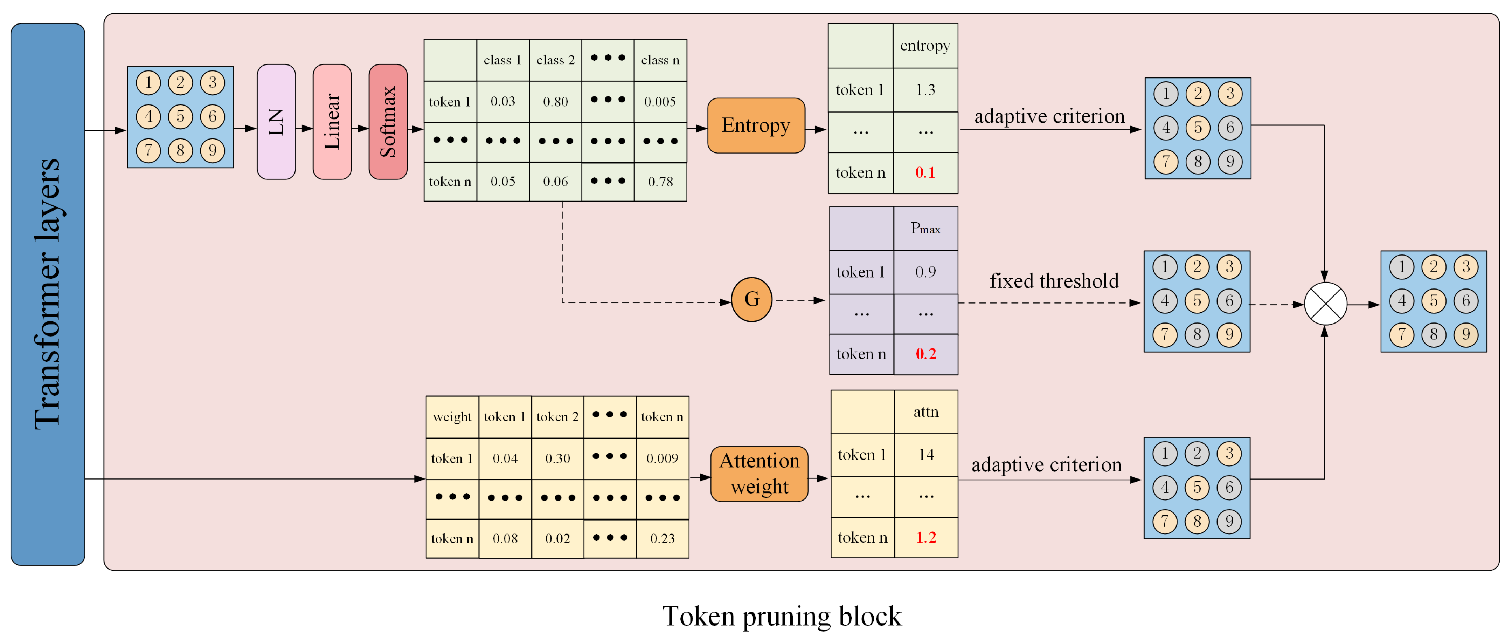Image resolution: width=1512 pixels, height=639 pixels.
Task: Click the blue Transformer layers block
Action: (x=48, y=294)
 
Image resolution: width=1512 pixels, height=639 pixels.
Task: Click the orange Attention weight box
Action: (x=759, y=473)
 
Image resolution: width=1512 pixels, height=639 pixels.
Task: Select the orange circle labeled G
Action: (x=751, y=300)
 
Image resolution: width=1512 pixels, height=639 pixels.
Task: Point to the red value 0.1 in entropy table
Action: (x=925, y=173)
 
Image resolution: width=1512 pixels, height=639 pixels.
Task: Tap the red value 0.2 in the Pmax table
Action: (x=925, y=354)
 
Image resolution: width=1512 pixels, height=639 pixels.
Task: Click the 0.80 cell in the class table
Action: (x=555, y=102)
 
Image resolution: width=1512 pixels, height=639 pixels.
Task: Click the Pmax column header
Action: (x=925, y=229)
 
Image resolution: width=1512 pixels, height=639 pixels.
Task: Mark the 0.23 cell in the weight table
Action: (x=662, y=538)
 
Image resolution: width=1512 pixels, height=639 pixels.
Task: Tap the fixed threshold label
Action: (x=1054, y=281)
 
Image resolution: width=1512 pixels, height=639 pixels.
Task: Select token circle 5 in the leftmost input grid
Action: (x=180, y=116)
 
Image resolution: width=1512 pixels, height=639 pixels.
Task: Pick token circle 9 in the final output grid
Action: (x=1466, y=335)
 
